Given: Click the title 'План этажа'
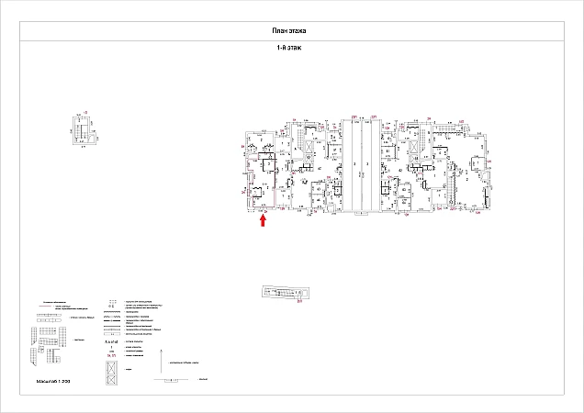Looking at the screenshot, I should tap(291, 31).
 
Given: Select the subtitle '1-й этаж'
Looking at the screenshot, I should tap(291, 47).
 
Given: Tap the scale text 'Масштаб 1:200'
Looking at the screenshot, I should tap(53, 380).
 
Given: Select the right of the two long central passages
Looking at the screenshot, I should tap(367, 165).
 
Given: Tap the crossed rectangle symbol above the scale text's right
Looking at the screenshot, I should tap(111, 373).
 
